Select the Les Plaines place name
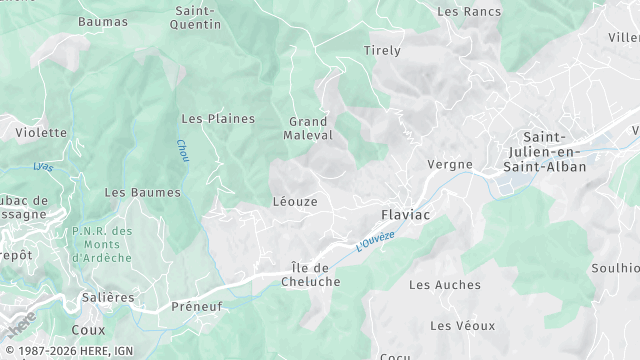217,118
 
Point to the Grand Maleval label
308,127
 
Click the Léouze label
295,201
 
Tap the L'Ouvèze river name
377,241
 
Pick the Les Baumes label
142,192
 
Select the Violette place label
40,132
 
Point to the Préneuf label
195,306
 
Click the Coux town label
88,328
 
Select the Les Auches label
445,285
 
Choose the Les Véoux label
462,326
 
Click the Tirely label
382,50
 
